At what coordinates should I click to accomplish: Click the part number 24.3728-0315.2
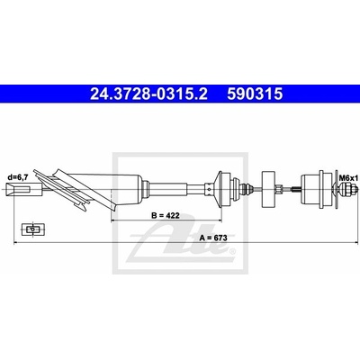pyautogui.click(x=148, y=94)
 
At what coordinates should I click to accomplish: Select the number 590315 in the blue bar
pyautogui.click(x=255, y=94)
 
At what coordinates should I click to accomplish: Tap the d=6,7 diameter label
pyautogui.click(x=18, y=177)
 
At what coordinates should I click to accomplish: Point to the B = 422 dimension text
pyautogui.click(x=166, y=215)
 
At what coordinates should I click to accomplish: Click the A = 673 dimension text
pyautogui.click(x=213, y=238)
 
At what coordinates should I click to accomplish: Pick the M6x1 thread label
pyautogui.click(x=348, y=178)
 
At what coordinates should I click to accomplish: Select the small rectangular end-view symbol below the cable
pyautogui.click(x=32, y=229)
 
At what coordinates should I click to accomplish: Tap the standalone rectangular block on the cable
pyautogui.click(x=268, y=189)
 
